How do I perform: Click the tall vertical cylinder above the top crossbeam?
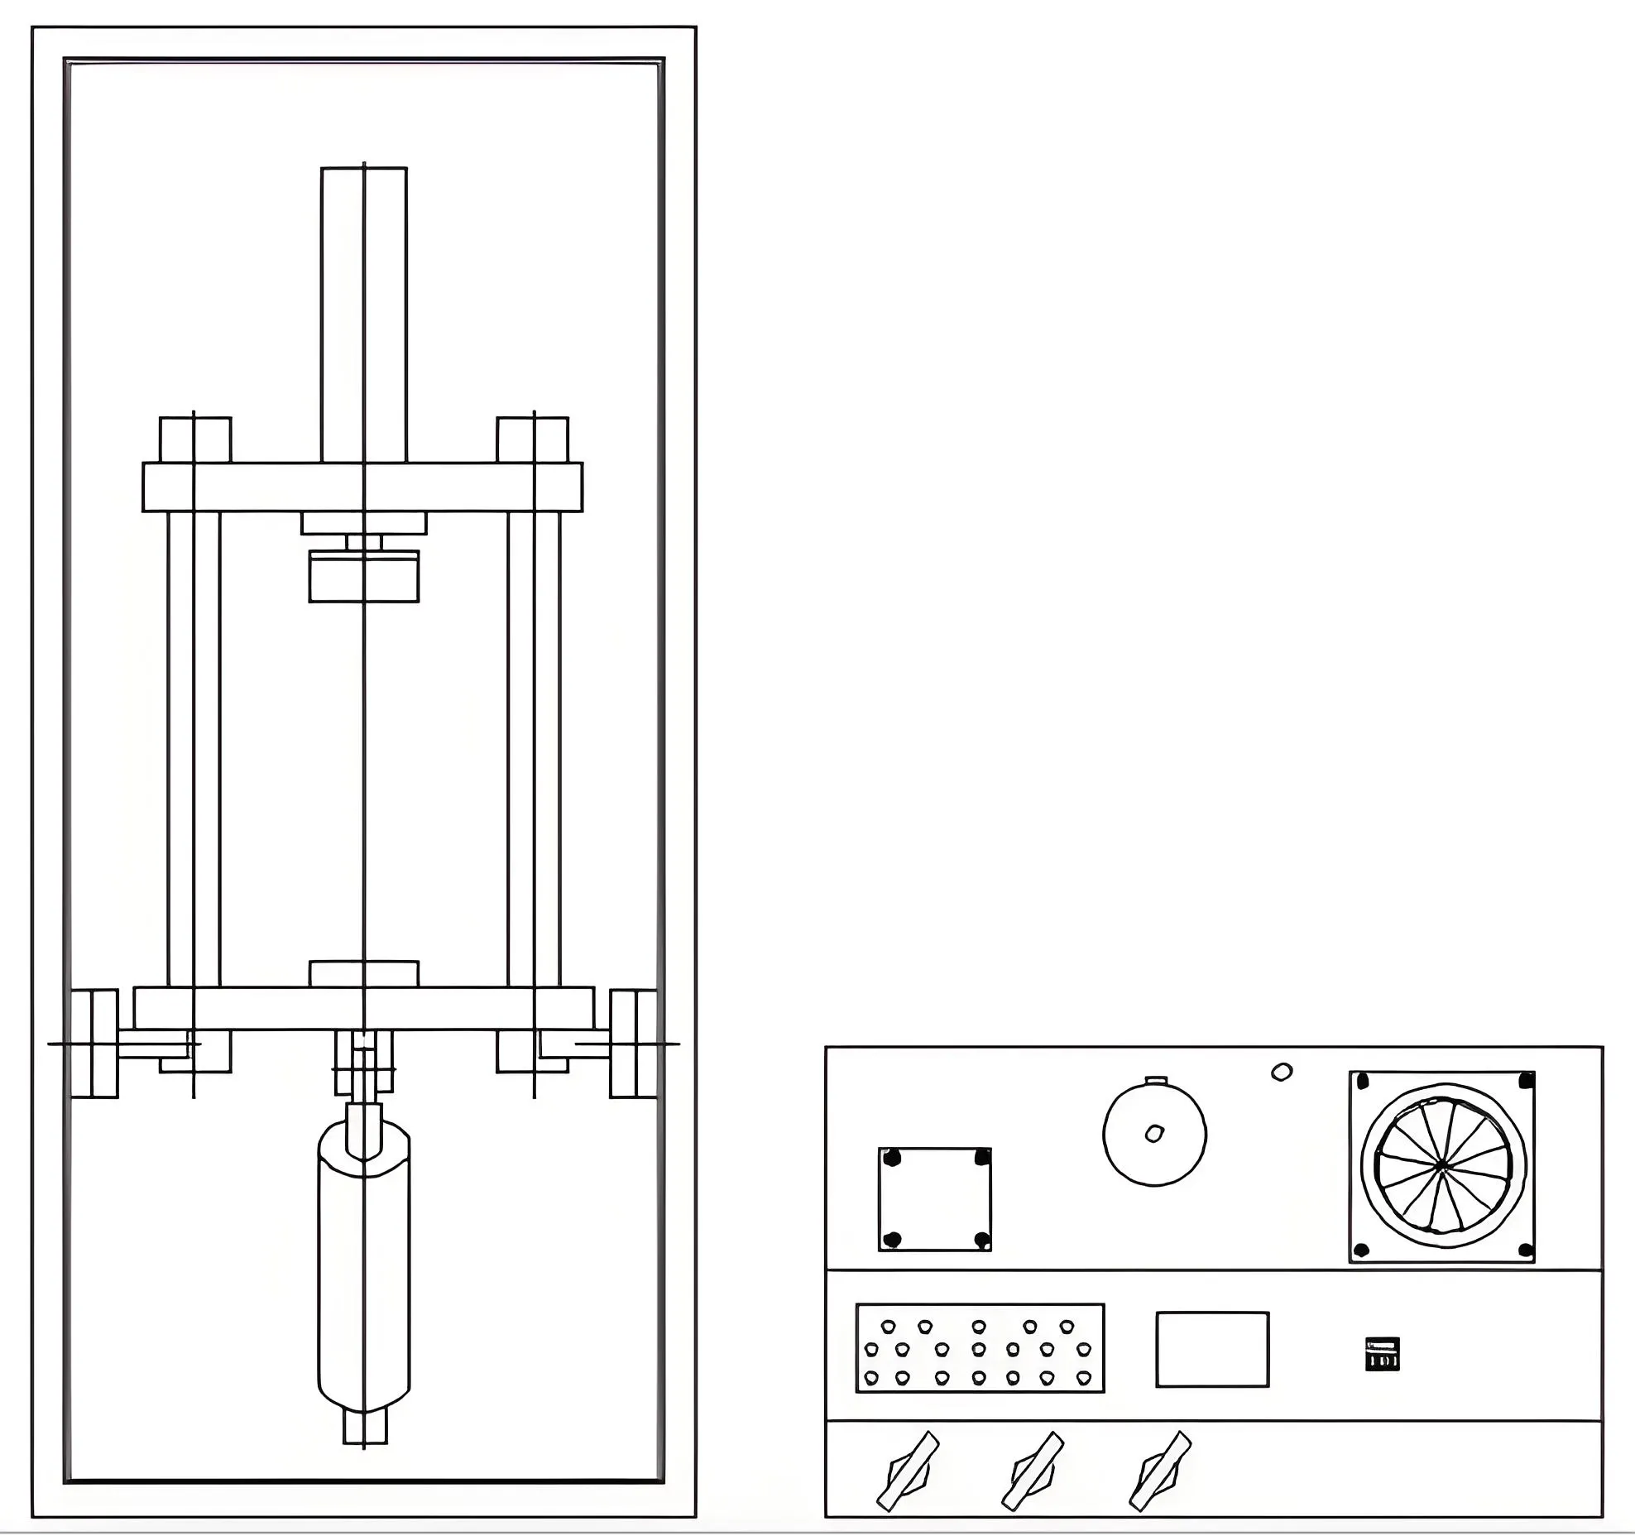(364, 314)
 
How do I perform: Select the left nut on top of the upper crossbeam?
(195, 439)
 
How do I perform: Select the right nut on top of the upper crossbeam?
(533, 439)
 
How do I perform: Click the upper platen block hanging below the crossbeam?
(364, 576)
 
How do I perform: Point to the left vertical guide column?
(194, 745)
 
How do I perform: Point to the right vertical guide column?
(535, 745)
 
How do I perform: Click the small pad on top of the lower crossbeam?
(364, 973)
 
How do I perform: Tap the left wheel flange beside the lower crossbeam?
(94, 1044)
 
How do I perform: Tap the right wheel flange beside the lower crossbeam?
(634, 1044)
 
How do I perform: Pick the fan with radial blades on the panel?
(1442, 1167)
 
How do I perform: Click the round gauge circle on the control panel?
(1154, 1135)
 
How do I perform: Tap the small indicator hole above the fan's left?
(1281, 1073)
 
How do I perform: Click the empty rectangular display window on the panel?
(1212, 1349)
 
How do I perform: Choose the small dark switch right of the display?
(1382, 1354)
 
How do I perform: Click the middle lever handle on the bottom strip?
(1033, 1471)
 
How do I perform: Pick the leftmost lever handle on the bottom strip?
(908, 1471)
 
